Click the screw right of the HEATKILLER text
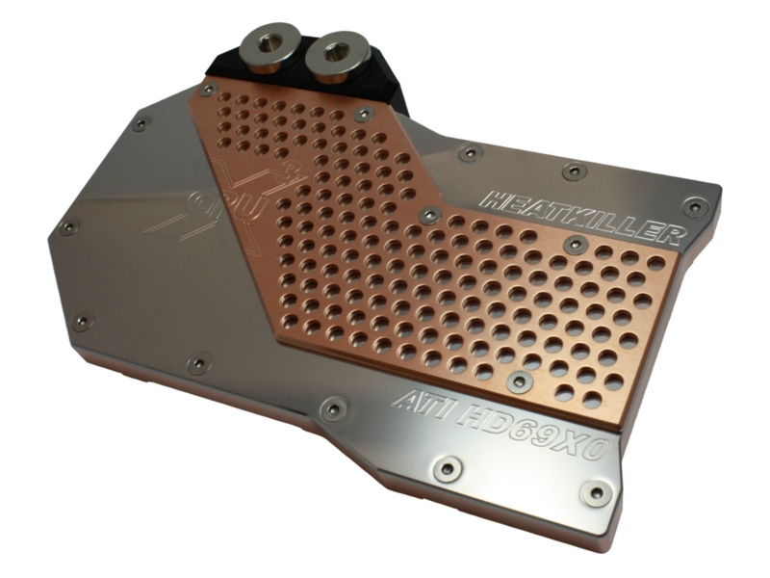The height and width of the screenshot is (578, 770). click(x=692, y=205)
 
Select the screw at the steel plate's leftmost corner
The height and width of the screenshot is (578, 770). click(x=67, y=228)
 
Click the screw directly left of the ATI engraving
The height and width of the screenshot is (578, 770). click(x=333, y=409)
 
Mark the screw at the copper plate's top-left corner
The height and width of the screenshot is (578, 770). click(x=207, y=89)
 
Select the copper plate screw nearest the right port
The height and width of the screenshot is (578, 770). click(x=364, y=115)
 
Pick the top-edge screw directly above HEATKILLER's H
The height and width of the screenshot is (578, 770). click(x=470, y=153)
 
